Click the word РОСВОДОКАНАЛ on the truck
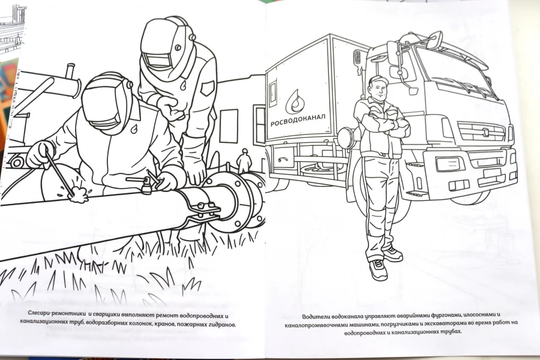coord(298,120)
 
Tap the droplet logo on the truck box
coord(296,101)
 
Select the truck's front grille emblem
coord(485,131)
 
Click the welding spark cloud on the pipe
coord(79,194)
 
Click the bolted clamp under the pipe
coord(203,210)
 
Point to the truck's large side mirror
coord(392,53)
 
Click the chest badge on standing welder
coord(207,88)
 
